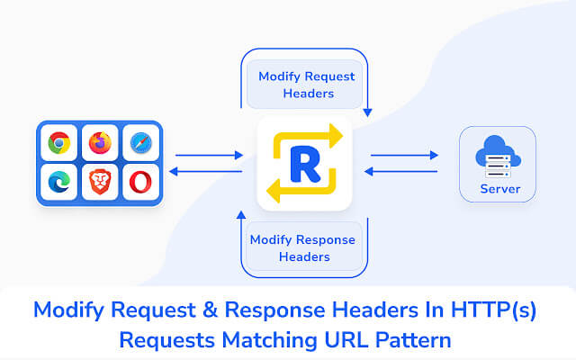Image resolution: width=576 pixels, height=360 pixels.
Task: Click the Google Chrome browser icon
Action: point(60,143)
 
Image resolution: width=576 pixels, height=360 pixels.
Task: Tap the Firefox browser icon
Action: point(100,143)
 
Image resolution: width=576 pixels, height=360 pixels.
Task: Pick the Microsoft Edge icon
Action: point(60,183)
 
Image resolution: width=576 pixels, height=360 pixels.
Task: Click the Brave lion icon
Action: point(100,183)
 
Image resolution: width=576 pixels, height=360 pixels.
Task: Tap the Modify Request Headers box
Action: point(306,85)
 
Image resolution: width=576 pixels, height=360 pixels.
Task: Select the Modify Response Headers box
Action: point(302,247)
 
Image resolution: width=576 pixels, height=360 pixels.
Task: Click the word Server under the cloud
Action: point(499,189)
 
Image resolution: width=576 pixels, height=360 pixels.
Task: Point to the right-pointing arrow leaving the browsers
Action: point(209,155)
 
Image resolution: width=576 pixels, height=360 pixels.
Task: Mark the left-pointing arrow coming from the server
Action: point(402,171)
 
